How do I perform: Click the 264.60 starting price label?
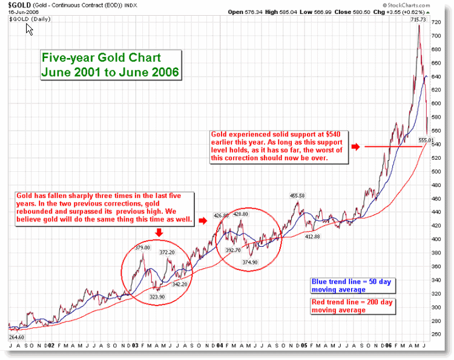(16, 336)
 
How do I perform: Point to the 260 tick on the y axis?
(436, 334)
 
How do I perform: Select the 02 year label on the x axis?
(53, 345)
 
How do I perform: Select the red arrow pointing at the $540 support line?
(357, 146)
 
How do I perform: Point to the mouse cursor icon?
(29, 28)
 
